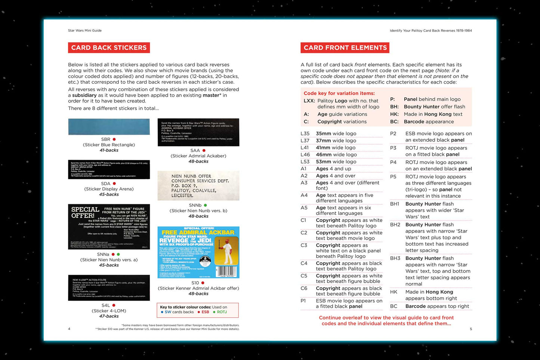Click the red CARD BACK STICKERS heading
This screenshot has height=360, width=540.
(x=109, y=48)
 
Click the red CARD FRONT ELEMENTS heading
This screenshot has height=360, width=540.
(x=345, y=48)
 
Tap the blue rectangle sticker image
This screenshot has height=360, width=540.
(x=109, y=127)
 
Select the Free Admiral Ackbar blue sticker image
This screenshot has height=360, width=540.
(x=198, y=252)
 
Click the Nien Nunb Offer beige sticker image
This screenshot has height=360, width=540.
(x=198, y=185)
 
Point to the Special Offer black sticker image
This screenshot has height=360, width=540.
(x=109, y=227)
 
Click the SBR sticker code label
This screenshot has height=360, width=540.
(x=106, y=139)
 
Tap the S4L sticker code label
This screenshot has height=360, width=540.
(x=106, y=305)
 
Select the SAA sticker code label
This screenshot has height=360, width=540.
(x=195, y=151)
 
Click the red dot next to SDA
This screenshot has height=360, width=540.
(x=114, y=184)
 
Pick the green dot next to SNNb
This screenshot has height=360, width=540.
(x=206, y=205)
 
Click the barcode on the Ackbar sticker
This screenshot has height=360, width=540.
(x=227, y=271)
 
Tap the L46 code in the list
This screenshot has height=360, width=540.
(x=305, y=154)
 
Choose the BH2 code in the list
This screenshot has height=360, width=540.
(x=395, y=225)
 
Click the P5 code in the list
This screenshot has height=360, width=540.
(x=393, y=177)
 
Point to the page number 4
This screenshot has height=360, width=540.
(x=69, y=329)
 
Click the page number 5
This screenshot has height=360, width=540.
(x=471, y=329)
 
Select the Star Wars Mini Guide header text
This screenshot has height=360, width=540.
(x=85, y=31)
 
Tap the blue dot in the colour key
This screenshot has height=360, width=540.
(x=162, y=312)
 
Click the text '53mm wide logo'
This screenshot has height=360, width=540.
(x=336, y=161)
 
